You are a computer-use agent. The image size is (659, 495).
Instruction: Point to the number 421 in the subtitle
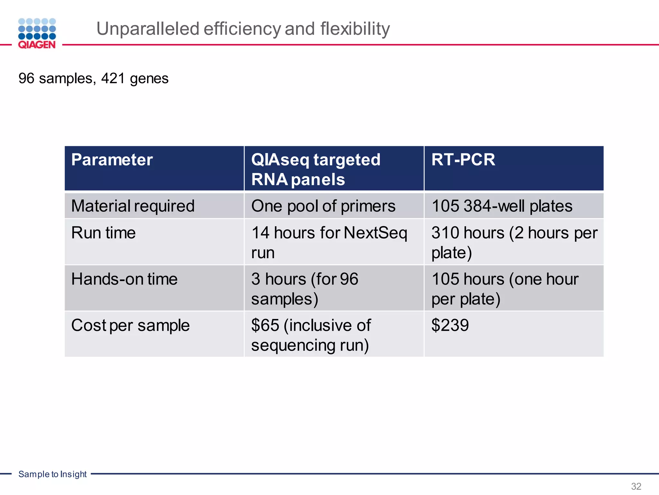click(113, 78)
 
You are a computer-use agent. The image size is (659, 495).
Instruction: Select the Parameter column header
click(112, 160)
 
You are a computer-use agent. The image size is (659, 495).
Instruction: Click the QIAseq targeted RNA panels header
click(315, 169)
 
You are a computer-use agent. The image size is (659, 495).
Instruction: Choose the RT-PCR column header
click(463, 160)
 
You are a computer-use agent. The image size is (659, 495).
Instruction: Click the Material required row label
click(133, 206)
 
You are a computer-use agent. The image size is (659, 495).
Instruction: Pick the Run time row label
click(103, 233)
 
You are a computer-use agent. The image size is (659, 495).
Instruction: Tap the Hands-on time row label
click(124, 279)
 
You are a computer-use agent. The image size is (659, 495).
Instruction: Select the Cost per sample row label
click(130, 325)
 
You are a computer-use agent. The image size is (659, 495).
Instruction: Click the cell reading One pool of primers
click(323, 206)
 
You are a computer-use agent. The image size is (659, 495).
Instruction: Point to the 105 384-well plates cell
click(502, 206)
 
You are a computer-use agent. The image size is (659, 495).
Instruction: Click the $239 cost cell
click(450, 325)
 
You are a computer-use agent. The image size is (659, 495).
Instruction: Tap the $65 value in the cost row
click(265, 325)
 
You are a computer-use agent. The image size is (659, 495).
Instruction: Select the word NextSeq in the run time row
click(375, 233)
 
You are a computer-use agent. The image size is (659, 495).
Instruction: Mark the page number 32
click(636, 486)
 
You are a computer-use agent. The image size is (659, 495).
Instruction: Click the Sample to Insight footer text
click(52, 474)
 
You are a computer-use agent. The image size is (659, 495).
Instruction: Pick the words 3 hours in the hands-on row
click(279, 279)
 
